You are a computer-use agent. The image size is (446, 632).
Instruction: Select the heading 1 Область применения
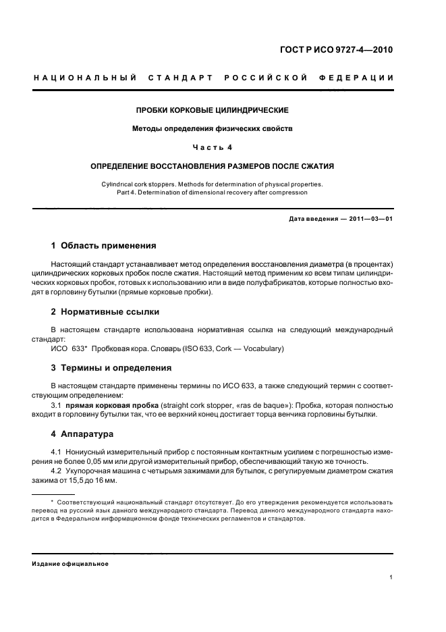[x=104, y=245]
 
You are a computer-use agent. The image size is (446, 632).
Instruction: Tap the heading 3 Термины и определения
[x=111, y=368]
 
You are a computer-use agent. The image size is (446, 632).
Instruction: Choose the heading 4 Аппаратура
[x=83, y=433]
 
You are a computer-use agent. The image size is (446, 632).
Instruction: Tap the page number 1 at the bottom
[x=391, y=577]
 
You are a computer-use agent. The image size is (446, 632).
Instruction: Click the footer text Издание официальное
[x=70, y=564]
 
